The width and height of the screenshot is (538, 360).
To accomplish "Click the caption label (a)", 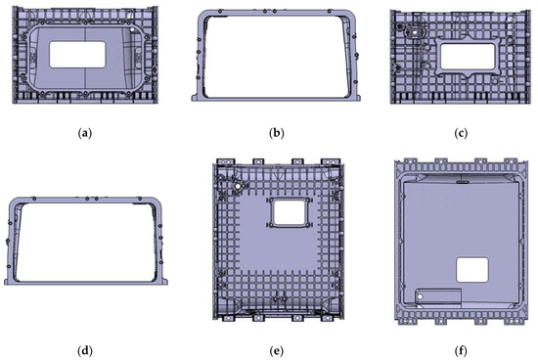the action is tap(85, 133).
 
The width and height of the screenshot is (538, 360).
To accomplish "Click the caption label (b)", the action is tap(277, 133).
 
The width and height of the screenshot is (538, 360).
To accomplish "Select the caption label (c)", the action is tap(461, 133).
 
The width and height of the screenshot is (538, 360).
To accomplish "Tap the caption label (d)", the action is tap(85, 350).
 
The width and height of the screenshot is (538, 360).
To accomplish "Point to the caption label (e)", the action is tap(277, 350).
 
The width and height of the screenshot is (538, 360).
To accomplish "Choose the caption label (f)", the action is tap(461, 350).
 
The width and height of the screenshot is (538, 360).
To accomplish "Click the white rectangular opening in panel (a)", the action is tap(77, 55).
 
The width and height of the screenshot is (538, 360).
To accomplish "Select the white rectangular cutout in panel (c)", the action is tap(468, 57).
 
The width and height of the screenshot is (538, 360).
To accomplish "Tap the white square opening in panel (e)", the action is tap(290, 213).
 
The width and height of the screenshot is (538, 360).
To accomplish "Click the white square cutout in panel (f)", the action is tap(472, 270).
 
